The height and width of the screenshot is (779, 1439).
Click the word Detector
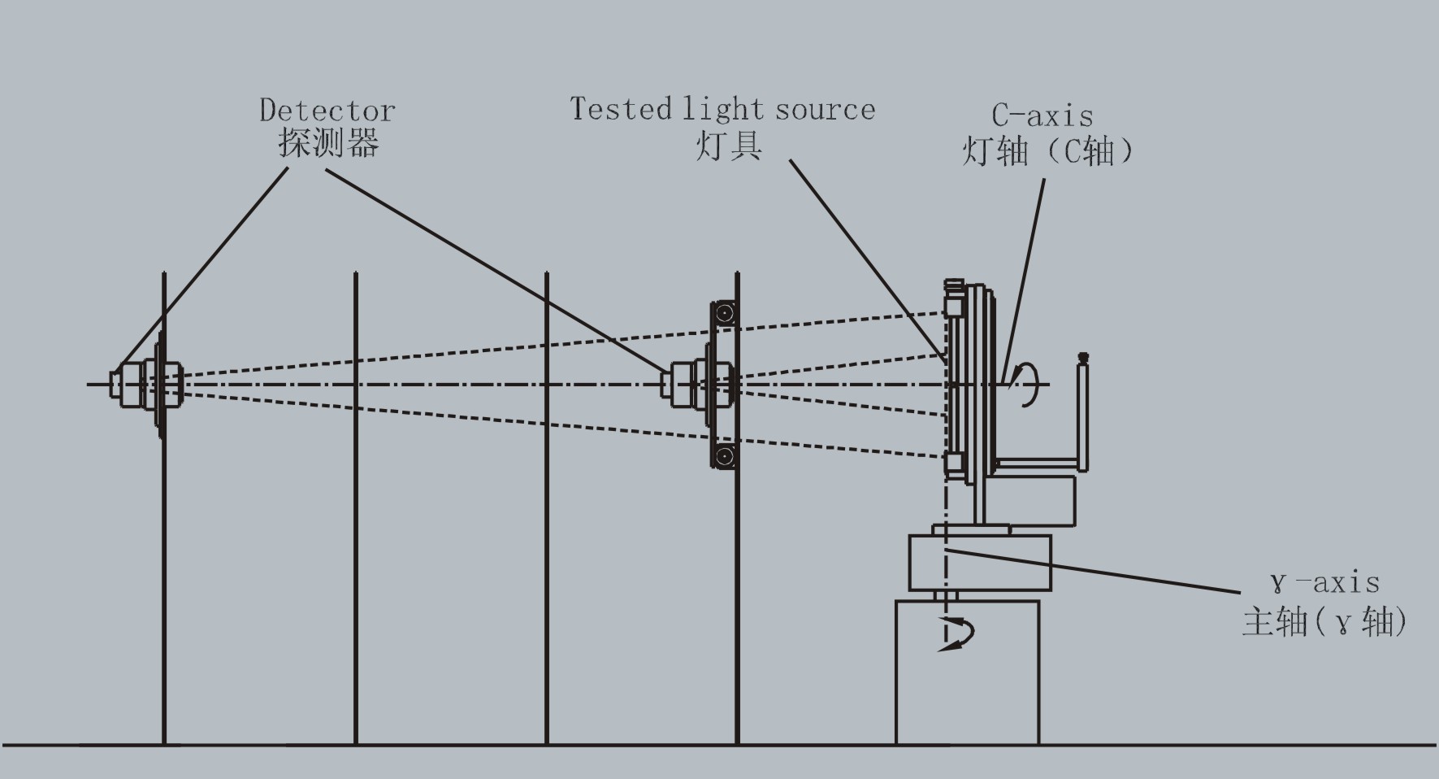click(327, 110)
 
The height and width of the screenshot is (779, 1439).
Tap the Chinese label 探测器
click(328, 143)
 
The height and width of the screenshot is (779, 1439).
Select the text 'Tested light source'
click(722, 109)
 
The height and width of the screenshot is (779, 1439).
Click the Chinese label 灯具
click(729, 146)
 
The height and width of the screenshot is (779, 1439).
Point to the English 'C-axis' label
click(1042, 115)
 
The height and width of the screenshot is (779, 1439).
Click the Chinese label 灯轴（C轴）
click(1047, 151)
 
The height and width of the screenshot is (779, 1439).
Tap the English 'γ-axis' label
click(1324, 582)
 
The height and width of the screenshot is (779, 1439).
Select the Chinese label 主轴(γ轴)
click(1324, 622)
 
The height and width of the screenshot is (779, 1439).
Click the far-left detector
click(146, 384)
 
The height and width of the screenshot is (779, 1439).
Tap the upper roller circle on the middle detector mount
click(726, 313)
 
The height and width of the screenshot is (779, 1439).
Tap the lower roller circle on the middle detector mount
click(726, 455)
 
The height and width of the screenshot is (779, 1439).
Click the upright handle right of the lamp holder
click(1082, 415)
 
